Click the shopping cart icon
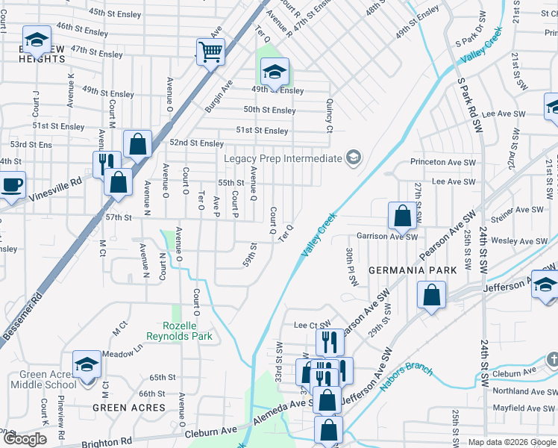point(211,52)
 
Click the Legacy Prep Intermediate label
point(283,158)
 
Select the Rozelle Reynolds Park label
point(188,331)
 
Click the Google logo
point(25,439)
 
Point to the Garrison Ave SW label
point(386,236)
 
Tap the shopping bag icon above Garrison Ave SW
point(402,217)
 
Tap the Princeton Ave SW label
point(442,162)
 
